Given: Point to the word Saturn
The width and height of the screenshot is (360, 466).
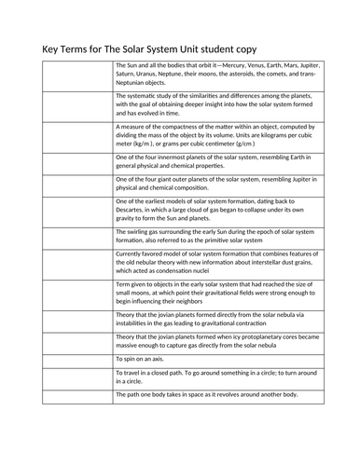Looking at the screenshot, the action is [x=127, y=75].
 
